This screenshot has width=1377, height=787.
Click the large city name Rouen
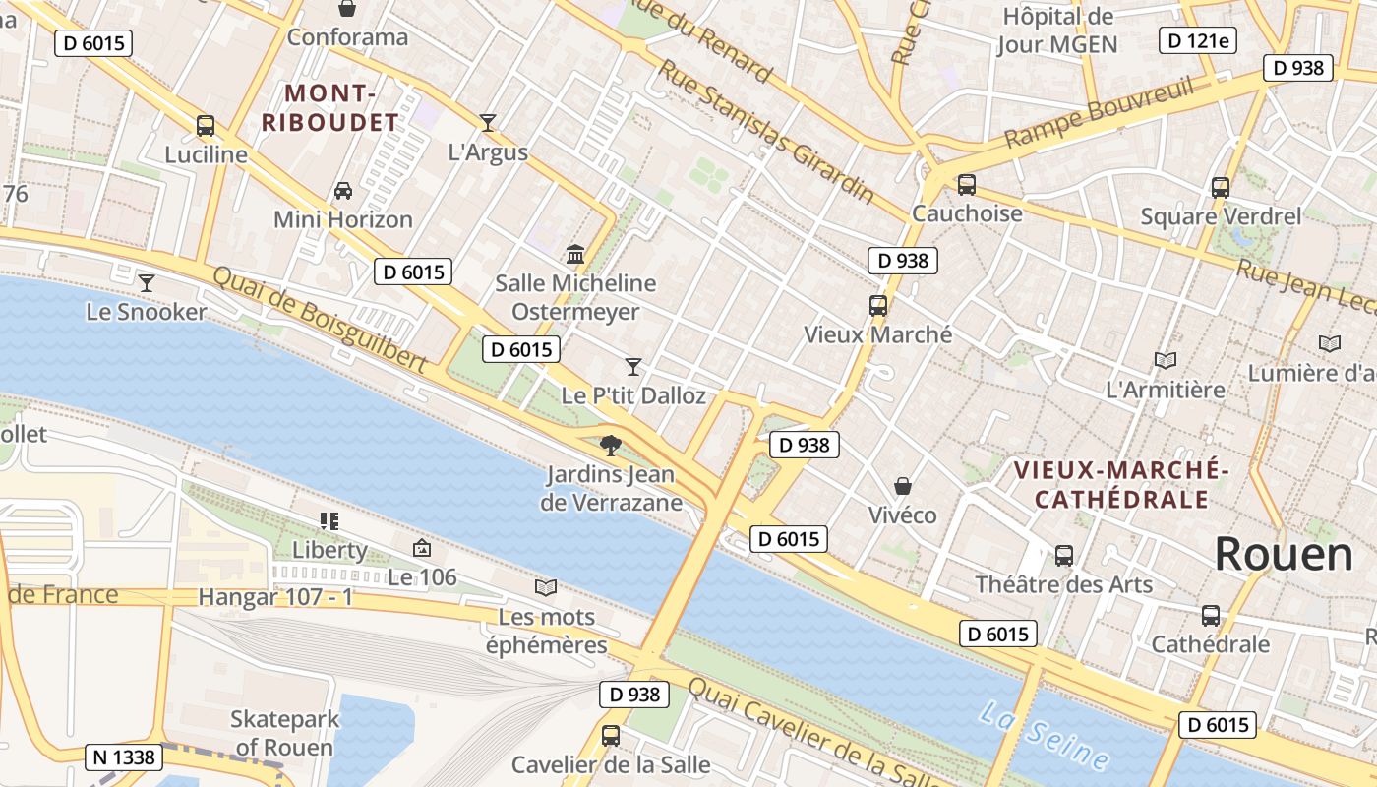tap(1284, 555)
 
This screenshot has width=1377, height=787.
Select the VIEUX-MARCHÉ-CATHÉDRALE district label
tap(1121, 484)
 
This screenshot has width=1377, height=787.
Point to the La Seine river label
tap(1044, 736)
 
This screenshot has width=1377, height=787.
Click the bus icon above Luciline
tap(206, 126)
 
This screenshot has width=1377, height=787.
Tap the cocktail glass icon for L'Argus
tap(488, 123)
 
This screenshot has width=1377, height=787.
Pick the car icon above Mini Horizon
tap(343, 190)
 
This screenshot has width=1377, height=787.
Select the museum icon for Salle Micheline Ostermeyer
tap(575, 255)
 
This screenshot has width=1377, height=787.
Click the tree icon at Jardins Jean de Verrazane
tap(611, 446)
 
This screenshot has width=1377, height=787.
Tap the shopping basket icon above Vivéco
tap(902, 486)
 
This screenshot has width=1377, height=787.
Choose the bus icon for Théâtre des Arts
tap(1063, 555)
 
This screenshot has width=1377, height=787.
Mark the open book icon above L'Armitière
tap(1166, 361)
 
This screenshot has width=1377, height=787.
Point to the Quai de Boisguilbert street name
tap(319, 321)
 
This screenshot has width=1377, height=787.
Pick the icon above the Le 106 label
tap(422, 548)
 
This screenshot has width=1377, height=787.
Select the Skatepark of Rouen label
tap(283, 733)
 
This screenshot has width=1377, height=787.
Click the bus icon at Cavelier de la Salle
tap(611, 735)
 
